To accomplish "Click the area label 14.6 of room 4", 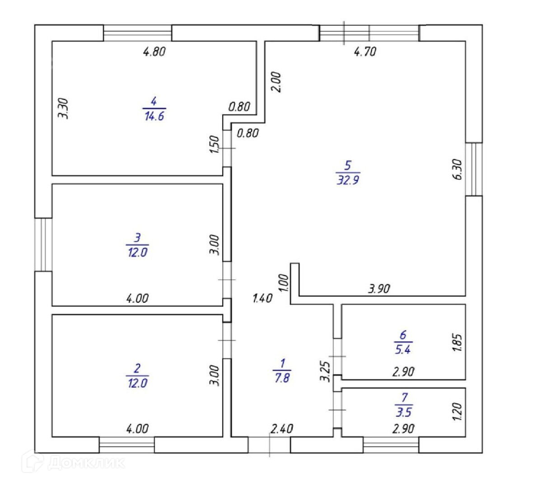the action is coord(154,116).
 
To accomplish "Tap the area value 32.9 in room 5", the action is coord(348,180).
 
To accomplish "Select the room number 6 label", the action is coord(403,335).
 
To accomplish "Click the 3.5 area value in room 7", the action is coord(404,412).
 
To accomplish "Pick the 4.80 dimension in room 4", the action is coord(154,52).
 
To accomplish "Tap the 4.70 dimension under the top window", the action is coord(365,52).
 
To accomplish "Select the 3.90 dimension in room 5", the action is coord(379,288).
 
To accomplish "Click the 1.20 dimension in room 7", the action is coord(457,411).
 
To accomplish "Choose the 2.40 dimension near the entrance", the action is coord(282,428).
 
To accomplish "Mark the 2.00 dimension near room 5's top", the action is coord(276,82).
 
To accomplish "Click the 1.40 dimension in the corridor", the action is coord(262,298).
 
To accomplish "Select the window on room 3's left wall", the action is coord(43,244).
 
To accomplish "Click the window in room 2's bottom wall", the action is coord(126,445).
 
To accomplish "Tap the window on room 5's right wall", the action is coord(474,169).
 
